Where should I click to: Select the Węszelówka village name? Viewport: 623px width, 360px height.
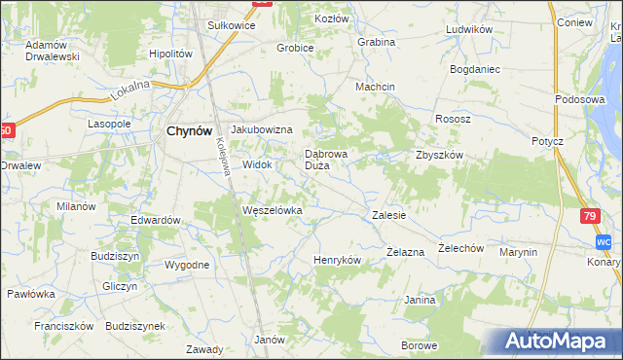point(273,210)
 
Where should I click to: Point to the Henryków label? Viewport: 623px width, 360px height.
point(337,261)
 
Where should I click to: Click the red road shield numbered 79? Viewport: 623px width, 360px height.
point(589,217)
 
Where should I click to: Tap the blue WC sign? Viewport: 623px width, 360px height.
point(604,241)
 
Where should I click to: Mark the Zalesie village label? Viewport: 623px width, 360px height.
point(388,214)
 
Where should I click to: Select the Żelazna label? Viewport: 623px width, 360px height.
point(405,252)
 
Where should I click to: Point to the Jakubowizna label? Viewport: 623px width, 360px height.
point(262,129)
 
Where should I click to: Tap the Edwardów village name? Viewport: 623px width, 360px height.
point(157,220)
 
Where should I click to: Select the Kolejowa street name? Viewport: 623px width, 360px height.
point(223,156)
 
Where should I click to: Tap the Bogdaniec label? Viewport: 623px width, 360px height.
point(474,69)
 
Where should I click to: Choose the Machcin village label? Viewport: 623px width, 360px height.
point(375,87)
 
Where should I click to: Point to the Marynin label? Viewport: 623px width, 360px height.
point(518,252)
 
